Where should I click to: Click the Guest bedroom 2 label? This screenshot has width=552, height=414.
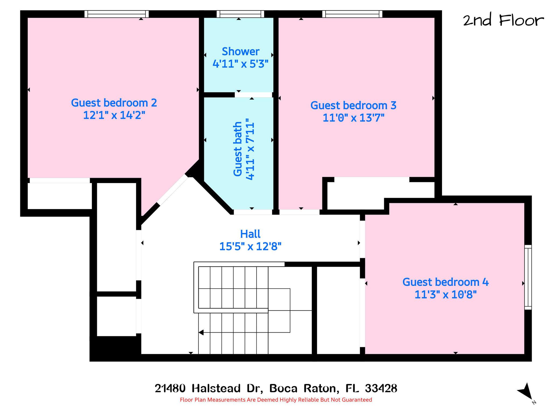(114, 103)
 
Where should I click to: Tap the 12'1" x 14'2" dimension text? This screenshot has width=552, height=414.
(114, 115)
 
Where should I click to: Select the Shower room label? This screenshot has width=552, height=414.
(240, 51)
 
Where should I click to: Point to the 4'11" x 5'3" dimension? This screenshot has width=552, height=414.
(240, 64)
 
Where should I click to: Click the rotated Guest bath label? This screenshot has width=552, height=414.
(238, 149)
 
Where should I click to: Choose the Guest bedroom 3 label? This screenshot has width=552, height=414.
(353, 105)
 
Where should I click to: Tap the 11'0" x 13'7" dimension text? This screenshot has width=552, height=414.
(353, 118)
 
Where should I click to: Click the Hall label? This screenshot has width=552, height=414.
(250, 234)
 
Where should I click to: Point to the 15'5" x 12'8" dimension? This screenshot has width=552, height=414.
(250, 246)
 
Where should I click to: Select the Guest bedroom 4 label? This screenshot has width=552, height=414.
(446, 282)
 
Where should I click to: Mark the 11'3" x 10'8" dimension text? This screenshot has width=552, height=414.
(446, 295)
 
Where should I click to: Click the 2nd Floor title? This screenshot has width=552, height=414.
(503, 20)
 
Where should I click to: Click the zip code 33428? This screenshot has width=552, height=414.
(381, 388)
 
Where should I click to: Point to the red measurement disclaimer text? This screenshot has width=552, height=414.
(276, 400)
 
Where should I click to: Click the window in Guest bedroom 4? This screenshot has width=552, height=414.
(528, 277)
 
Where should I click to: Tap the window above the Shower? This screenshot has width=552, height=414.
(240, 14)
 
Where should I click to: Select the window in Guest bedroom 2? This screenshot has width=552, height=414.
(117, 14)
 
